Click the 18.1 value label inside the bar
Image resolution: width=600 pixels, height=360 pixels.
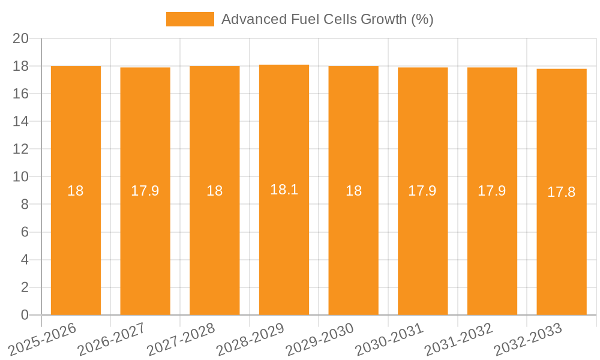point(284,190)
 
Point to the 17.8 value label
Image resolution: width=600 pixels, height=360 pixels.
point(562,192)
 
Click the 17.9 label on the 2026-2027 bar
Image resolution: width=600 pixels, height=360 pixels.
point(145,191)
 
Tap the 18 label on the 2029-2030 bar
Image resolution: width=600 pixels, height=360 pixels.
point(353,191)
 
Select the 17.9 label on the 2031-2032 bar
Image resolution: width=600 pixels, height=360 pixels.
point(492,191)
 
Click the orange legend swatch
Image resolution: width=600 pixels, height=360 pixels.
point(190,19)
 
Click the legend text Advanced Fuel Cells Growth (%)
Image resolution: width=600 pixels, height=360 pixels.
point(327,19)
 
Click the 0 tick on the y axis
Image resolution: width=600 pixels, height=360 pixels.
point(25,315)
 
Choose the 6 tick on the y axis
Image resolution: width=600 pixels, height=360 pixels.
point(25,232)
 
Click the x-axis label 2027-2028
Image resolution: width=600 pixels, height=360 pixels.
point(181,340)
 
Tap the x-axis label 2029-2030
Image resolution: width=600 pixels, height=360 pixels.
point(320,340)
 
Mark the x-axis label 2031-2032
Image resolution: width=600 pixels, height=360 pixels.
point(458,340)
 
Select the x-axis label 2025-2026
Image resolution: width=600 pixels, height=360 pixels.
point(42,340)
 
